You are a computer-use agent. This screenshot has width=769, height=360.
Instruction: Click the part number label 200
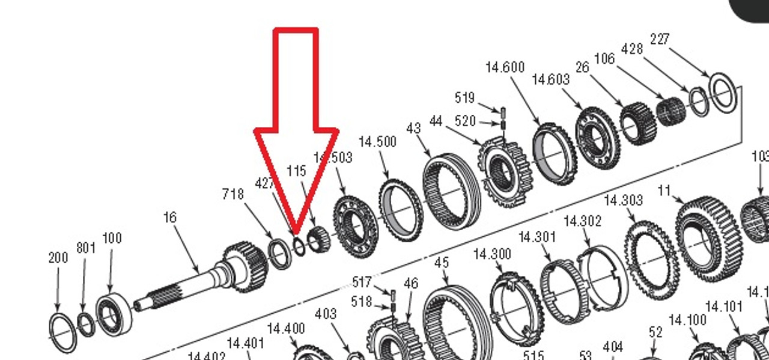pos(58,258)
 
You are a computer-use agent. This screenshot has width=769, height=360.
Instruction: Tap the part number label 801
pos(86,248)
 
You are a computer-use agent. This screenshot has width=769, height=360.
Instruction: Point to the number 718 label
pos(233,194)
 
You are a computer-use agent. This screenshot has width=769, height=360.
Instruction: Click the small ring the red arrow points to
pos(299,246)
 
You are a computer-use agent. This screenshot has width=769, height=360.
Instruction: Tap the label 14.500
pos(377,142)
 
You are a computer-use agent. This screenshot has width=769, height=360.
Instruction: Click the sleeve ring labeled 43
pos(452,191)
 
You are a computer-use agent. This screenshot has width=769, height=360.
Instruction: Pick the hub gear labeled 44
pos(505,171)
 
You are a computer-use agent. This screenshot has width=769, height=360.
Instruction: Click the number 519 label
pos(464,98)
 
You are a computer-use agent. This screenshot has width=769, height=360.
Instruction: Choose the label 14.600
pos(505,67)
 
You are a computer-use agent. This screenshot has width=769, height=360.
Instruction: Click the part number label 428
pos(631,48)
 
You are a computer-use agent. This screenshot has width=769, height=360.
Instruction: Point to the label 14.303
pos(623,200)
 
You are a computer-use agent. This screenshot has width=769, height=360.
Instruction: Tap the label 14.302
pos(582,221)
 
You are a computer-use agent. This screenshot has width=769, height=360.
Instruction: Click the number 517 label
pos(362,282)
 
